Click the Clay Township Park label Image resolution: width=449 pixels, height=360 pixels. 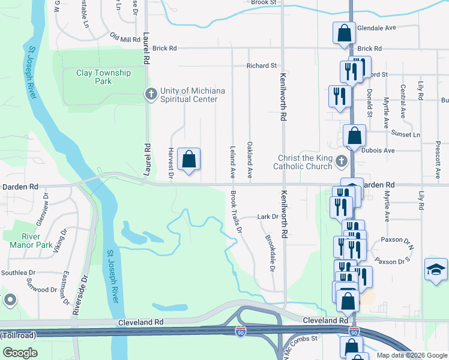coord(103,77)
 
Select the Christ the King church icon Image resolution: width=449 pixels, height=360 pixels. coord(342,161)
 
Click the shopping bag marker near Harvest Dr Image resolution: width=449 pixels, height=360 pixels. coord(188,160)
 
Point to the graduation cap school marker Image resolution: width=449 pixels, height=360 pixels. coord(436,270)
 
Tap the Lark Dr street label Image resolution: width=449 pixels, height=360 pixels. coord(268,217)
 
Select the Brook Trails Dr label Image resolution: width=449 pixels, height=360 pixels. coord(235,212)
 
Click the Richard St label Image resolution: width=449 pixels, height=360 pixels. coord(262,65)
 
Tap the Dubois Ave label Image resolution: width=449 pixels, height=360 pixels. coord(381,150)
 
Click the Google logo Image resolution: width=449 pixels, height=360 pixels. coord(20,353)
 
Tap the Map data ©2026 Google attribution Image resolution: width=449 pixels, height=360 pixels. coord(411,355)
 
